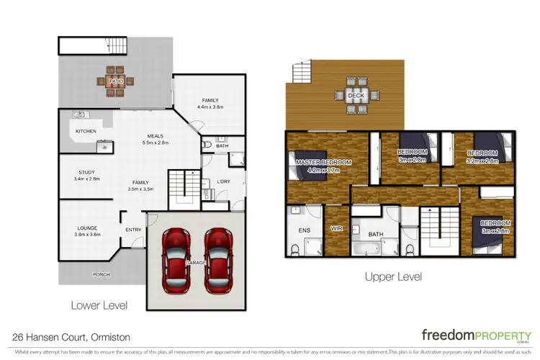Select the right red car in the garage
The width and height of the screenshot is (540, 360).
pos(217,261)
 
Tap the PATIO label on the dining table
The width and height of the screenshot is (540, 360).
pos(117,82)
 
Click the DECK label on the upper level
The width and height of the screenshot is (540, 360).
pos(356,96)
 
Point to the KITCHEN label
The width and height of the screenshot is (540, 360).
pos(86,131)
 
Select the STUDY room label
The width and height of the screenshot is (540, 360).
pos(88,172)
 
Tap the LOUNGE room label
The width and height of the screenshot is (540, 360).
pos(86,228)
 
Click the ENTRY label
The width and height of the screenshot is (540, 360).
pos(134,230)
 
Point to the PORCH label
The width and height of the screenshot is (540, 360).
pos(101,275)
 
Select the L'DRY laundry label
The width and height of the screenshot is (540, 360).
pos(224,181)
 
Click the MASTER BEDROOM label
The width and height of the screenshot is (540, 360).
pos(323,163)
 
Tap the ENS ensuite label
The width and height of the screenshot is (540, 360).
pos(304,230)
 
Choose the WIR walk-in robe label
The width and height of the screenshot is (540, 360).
pos(336,228)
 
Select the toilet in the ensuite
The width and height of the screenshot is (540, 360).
pos(295,249)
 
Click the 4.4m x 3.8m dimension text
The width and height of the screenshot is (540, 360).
pos(210,107)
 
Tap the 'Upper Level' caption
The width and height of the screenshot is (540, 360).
pos(393,276)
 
